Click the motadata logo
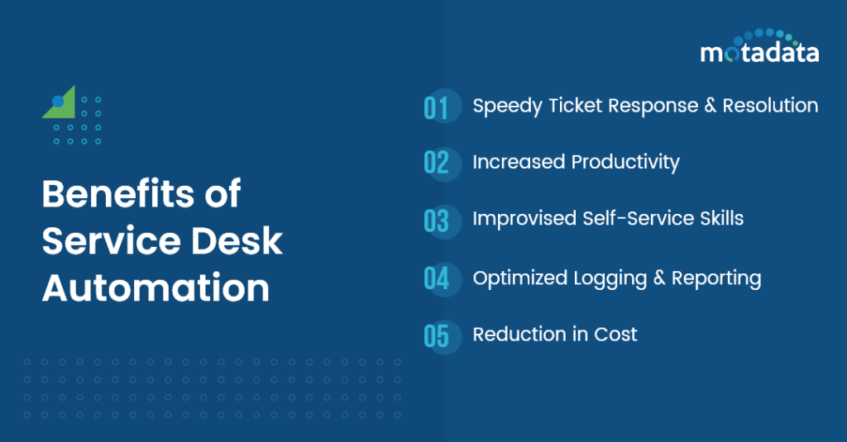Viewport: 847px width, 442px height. tap(759, 48)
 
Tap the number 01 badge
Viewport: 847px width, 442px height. tap(437, 107)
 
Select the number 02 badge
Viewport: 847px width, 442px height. tap(437, 163)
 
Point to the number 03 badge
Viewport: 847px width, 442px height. tap(437, 221)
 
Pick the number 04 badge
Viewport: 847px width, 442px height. tap(437, 278)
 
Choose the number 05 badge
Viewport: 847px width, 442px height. tap(437, 335)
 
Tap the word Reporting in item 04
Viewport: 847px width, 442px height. tap(716, 278)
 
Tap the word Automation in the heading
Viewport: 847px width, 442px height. tap(156, 288)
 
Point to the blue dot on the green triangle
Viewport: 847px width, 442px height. tap(58, 102)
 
